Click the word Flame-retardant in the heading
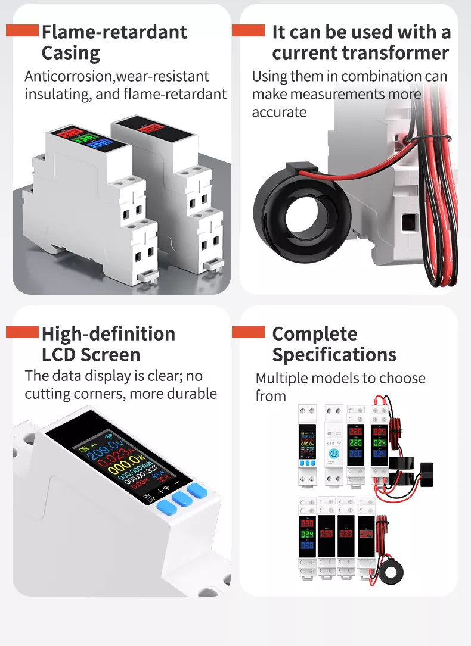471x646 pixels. click(114, 32)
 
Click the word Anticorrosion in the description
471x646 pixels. click(69, 76)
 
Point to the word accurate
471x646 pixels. click(279, 112)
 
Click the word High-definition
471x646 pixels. click(109, 333)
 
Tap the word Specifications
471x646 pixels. click(334, 355)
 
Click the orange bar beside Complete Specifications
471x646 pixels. click(248, 332)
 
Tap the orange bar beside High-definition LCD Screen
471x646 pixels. click(22, 332)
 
